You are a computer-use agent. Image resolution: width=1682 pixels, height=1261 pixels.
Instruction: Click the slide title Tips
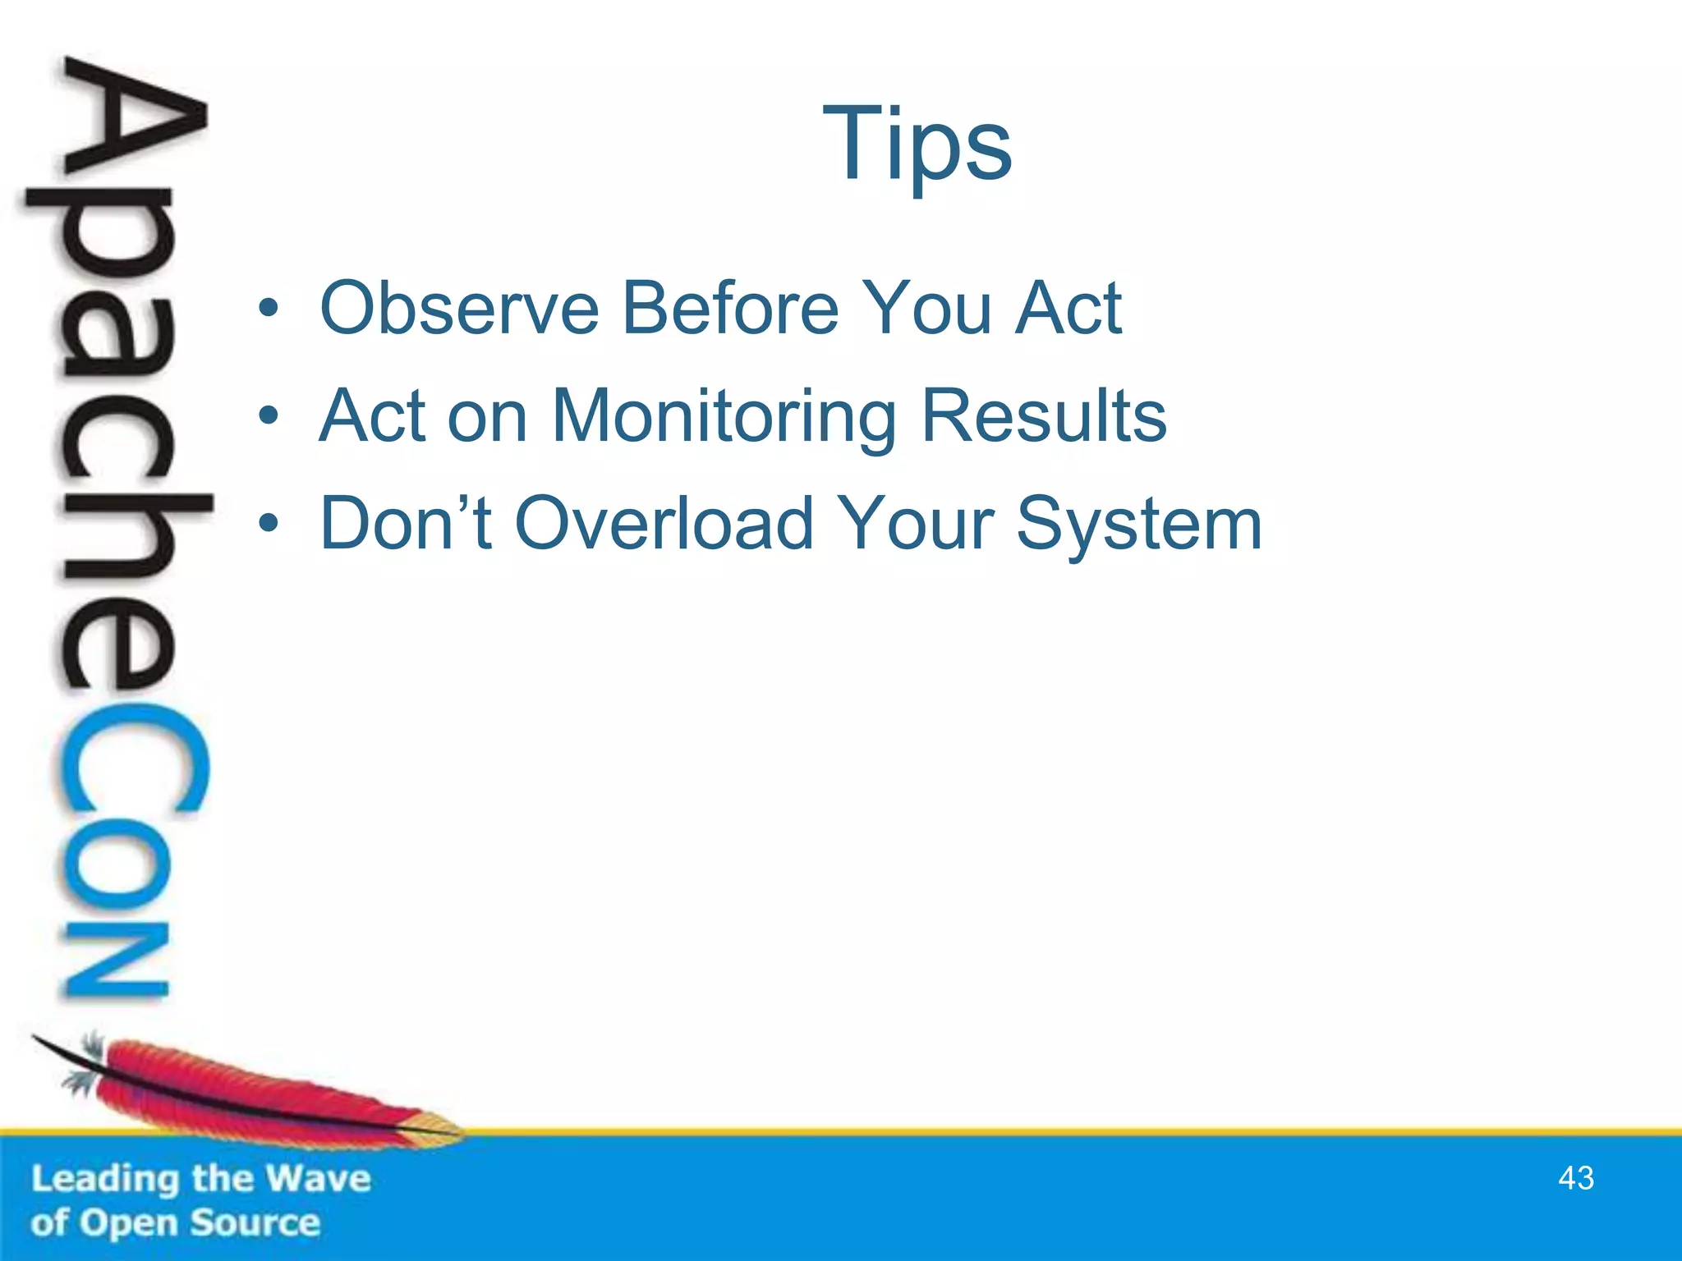917,146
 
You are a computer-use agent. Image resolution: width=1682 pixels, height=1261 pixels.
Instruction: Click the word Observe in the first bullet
459,309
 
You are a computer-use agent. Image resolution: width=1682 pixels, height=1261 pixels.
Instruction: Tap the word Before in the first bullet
730,309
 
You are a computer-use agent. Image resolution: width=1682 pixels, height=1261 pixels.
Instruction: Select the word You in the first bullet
928,309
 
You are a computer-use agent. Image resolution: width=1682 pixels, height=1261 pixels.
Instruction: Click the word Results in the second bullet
1043,416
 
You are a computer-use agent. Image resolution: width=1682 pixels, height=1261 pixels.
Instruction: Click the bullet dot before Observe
268,310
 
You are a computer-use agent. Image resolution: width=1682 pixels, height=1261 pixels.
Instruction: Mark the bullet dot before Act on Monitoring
268,417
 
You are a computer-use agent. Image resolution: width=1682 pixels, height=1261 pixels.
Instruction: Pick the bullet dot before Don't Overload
268,525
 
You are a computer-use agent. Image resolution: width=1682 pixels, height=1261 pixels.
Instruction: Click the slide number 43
1575,1178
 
